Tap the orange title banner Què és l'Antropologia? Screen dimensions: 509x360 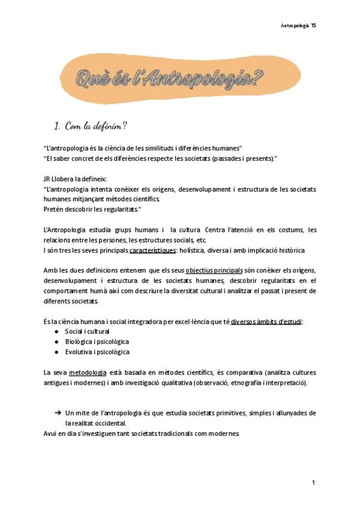170,79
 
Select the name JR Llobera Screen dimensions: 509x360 60,179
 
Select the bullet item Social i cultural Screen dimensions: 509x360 87,331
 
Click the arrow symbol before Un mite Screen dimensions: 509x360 58,413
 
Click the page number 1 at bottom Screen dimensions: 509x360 313,483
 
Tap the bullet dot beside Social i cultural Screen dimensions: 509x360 56,331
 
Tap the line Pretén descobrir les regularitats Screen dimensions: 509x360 92,209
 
